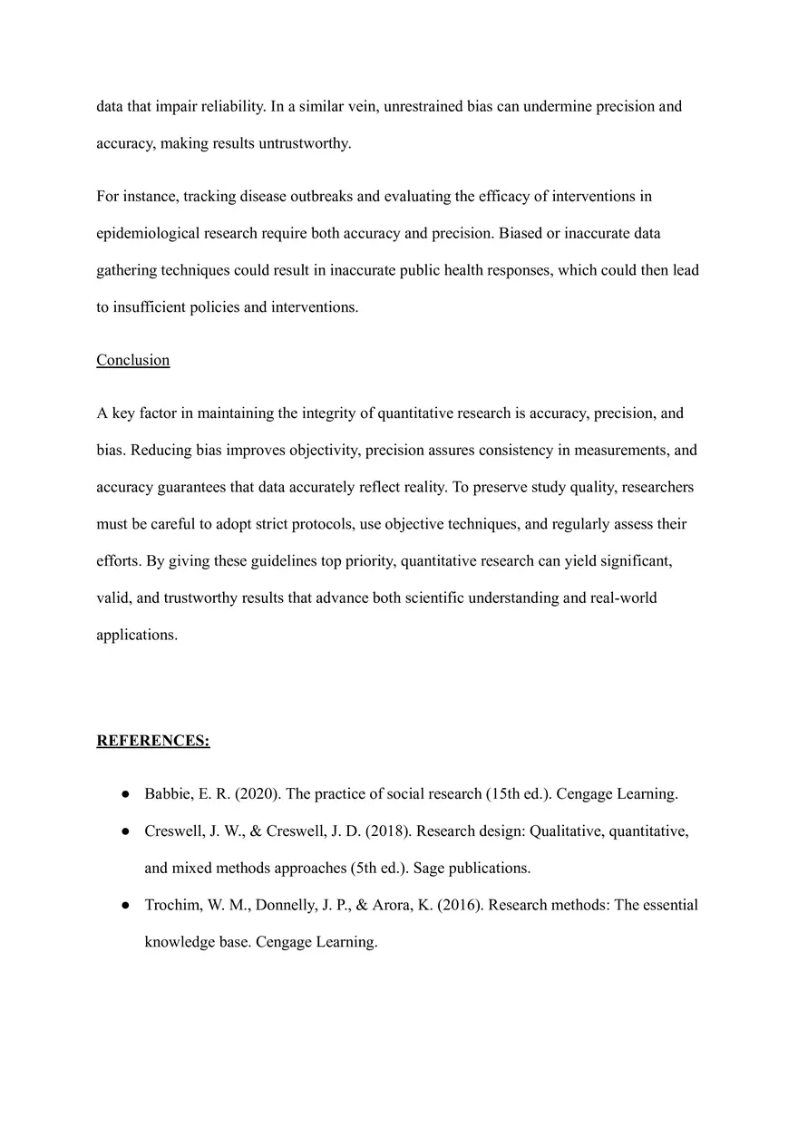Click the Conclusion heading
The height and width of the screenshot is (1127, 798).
click(x=132, y=360)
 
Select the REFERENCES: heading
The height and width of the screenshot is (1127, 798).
click(x=152, y=741)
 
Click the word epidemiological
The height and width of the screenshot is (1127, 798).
click(x=148, y=233)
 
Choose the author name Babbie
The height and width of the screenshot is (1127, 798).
click(x=166, y=793)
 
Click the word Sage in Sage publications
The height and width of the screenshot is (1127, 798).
click(x=428, y=868)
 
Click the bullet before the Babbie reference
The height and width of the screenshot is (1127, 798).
click(x=123, y=794)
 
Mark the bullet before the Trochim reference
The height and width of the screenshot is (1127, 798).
click(x=123, y=906)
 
